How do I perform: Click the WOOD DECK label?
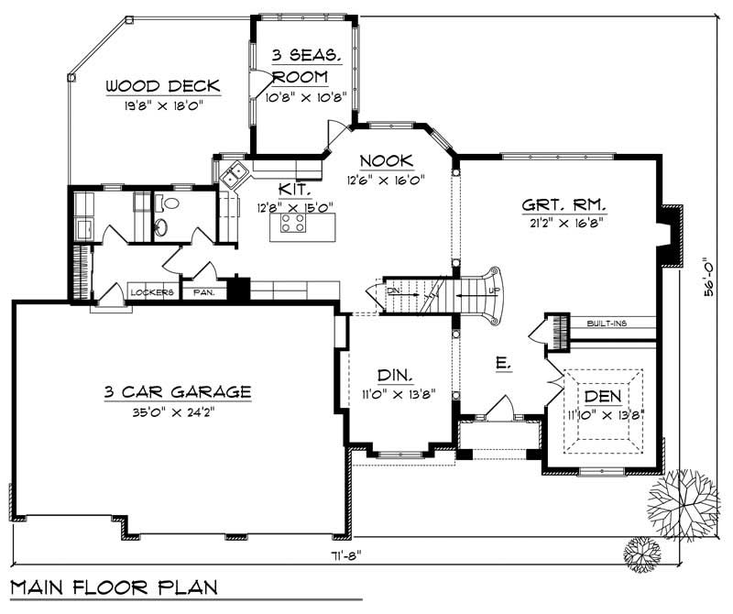point(162,86)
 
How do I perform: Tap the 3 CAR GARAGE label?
point(177,392)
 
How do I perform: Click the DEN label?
point(603,397)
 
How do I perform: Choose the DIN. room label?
point(395,376)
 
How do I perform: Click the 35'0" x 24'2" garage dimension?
point(177,411)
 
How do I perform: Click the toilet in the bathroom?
point(161,226)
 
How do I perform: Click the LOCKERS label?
point(152,293)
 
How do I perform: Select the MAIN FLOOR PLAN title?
point(114,587)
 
